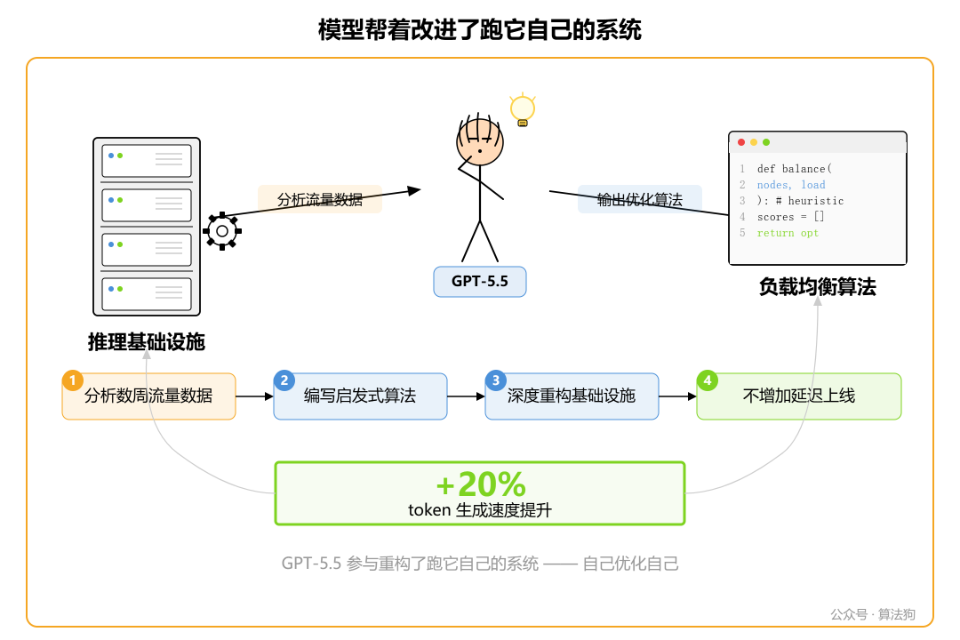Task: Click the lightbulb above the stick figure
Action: point(522,109)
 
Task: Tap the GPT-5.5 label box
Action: point(480,282)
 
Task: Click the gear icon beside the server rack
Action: point(221,231)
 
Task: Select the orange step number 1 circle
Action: point(72,380)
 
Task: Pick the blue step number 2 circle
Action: point(284,380)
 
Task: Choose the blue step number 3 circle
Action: point(495,380)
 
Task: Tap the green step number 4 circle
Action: point(707,380)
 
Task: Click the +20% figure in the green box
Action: point(480,484)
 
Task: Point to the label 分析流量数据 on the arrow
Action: point(320,200)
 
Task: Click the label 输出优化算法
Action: point(640,200)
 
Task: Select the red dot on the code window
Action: point(741,142)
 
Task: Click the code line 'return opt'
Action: point(788,233)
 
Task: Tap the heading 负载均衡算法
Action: point(817,287)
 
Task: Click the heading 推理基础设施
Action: point(147,341)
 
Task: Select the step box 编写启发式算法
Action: point(360,396)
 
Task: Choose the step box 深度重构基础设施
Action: point(572,396)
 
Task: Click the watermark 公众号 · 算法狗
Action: point(872,614)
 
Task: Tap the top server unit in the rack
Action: point(147,161)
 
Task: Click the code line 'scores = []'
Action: point(791,217)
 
